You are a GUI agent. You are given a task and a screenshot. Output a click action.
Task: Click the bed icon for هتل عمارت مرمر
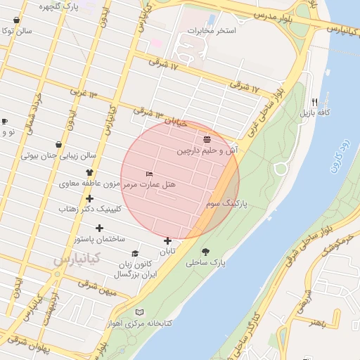pyautogui.click(x=148, y=173)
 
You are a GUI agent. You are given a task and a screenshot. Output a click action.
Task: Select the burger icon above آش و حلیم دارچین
pyautogui.click(x=207, y=139)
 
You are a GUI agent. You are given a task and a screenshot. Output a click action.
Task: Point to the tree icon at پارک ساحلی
pyautogui.click(x=205, y=252)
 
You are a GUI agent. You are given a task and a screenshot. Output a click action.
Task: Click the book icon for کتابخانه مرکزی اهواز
pyautogui.click(x=139, y=311)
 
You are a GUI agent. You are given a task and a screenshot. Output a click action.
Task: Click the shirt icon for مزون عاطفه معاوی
pyautogui.click(x=89, y=172)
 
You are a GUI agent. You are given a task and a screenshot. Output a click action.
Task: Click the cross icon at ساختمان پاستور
pyautogui.click(x=99, y=228)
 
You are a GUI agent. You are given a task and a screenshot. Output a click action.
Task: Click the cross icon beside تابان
pyautogui.click(x=167, y=241)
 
